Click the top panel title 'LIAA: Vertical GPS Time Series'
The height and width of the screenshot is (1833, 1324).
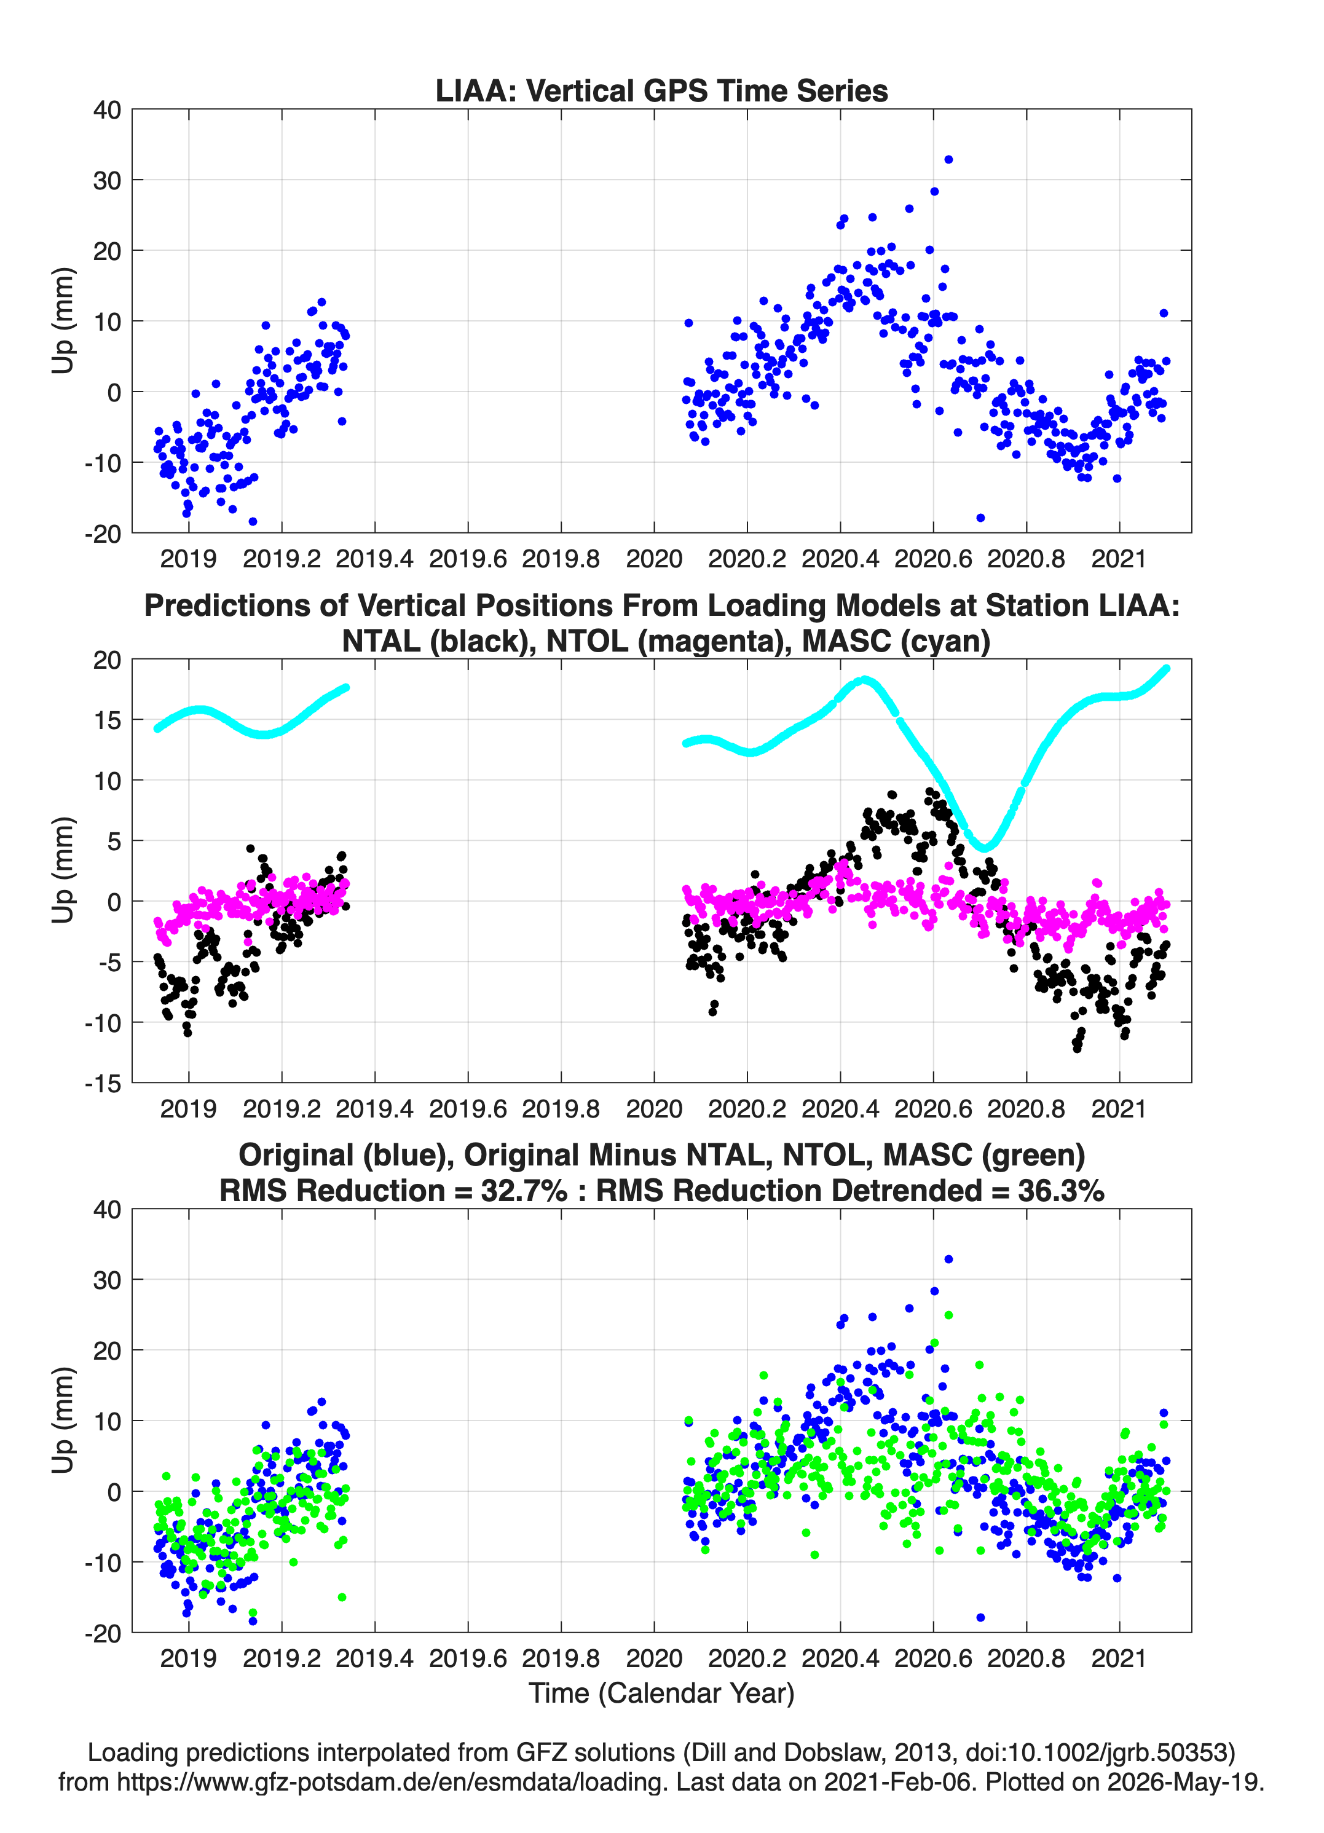pos(661,90)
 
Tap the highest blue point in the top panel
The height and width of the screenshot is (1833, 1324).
pos(948,159)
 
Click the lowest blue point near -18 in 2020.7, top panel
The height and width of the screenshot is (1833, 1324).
pos(980,517)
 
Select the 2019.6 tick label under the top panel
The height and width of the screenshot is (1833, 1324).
pos(468,559)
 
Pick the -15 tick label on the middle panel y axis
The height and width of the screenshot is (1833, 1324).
pos(103,1084)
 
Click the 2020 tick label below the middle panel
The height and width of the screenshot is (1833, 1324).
pos(654,1109)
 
